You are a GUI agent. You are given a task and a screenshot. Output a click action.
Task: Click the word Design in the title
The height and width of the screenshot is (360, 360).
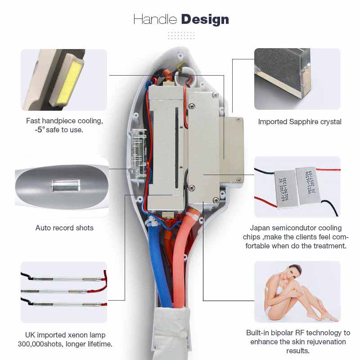[205, 19]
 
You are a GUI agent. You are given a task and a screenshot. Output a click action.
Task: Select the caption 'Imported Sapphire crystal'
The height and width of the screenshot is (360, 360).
[300, 121]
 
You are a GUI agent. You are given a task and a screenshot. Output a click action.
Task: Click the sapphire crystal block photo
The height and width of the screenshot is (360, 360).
[297, 79]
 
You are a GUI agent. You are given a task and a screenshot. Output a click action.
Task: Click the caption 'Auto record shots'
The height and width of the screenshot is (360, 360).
[64, 228]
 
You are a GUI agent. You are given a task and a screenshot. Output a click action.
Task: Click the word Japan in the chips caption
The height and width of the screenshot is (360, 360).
[260, 228]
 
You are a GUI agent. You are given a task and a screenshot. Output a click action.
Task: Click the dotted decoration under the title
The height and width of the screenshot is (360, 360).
[180, 35]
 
